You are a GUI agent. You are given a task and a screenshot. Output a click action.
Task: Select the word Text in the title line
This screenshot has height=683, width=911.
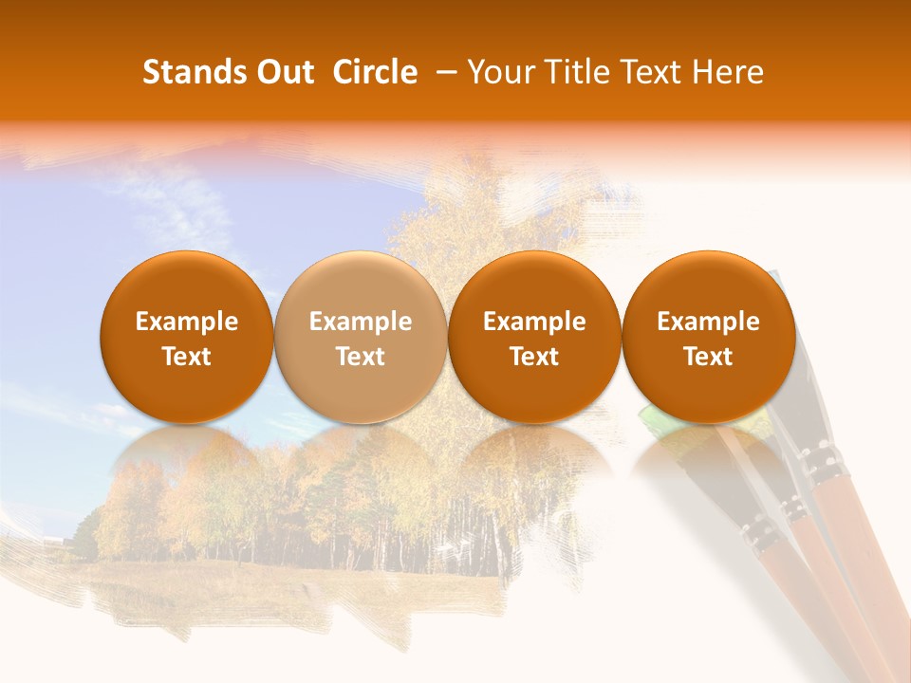click(x=652, y=72)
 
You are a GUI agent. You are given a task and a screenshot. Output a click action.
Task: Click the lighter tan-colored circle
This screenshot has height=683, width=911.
click(x=361, y=285)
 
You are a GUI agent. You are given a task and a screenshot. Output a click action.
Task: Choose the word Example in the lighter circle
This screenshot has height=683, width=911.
click(x=361, y=322)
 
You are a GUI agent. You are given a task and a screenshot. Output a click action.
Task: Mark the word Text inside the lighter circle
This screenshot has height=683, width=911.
click(x=361, y=357)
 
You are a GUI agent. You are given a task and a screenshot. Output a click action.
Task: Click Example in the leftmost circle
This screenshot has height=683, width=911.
click(x=187, y=322)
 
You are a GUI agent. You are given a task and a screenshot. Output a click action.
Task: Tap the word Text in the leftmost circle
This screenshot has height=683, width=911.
click(x=187, y=357)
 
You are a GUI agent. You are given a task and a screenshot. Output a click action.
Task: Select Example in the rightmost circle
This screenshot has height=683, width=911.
click(x=708, y=322)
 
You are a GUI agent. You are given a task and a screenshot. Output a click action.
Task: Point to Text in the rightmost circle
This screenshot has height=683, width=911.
click(x=708, y=357)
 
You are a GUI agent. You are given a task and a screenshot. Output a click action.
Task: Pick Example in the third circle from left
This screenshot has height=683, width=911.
click(x=534, y=322)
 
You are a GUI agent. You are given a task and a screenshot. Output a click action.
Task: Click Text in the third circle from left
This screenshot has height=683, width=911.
click(x=534, y=357)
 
